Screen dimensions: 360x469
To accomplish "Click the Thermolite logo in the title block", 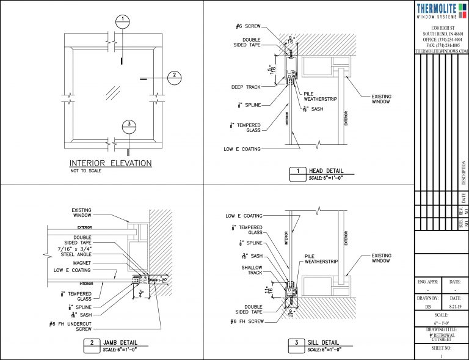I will coord(441,12).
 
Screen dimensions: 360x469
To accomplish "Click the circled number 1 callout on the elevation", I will coord(123,20).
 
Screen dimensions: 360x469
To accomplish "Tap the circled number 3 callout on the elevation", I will coord(128,126).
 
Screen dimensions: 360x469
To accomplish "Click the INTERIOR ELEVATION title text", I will coord(110,163).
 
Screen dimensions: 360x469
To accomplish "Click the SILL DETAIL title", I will coord(325,343).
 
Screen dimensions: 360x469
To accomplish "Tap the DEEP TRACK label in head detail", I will coord(245,87).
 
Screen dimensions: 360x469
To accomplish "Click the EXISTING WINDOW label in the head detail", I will coord(382,100).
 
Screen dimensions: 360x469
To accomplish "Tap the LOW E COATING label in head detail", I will coord(242,149).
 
